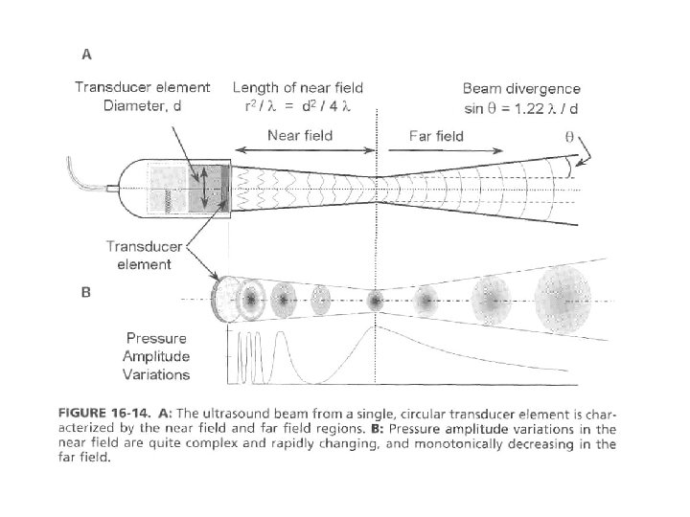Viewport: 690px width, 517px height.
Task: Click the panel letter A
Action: (87, 54)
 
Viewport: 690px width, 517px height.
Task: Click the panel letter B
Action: (85, 292)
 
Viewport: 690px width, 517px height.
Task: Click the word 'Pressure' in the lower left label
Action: (158, 338)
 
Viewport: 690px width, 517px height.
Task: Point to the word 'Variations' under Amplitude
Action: (158, 374)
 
